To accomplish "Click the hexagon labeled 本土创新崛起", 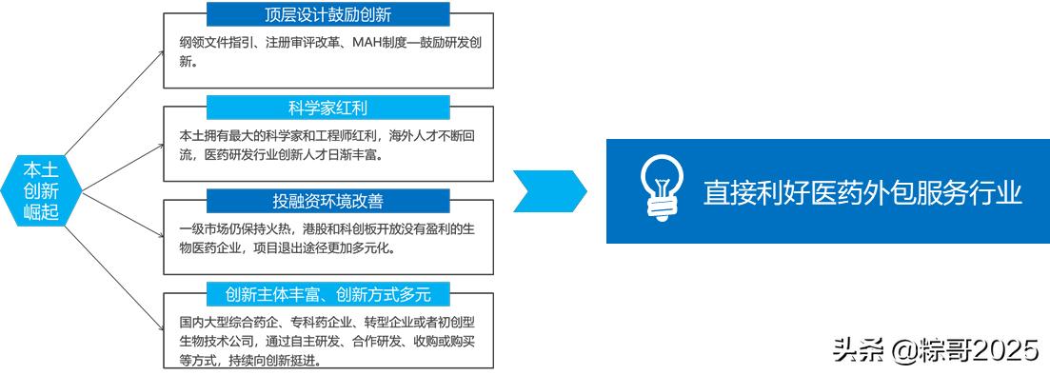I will point(41,189).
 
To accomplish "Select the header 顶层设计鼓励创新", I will point(327,14).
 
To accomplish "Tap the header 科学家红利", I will point(327,107).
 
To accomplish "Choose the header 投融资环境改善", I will point(327,201).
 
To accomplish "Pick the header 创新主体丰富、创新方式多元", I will point(327,293).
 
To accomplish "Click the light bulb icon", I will point(661,189).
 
